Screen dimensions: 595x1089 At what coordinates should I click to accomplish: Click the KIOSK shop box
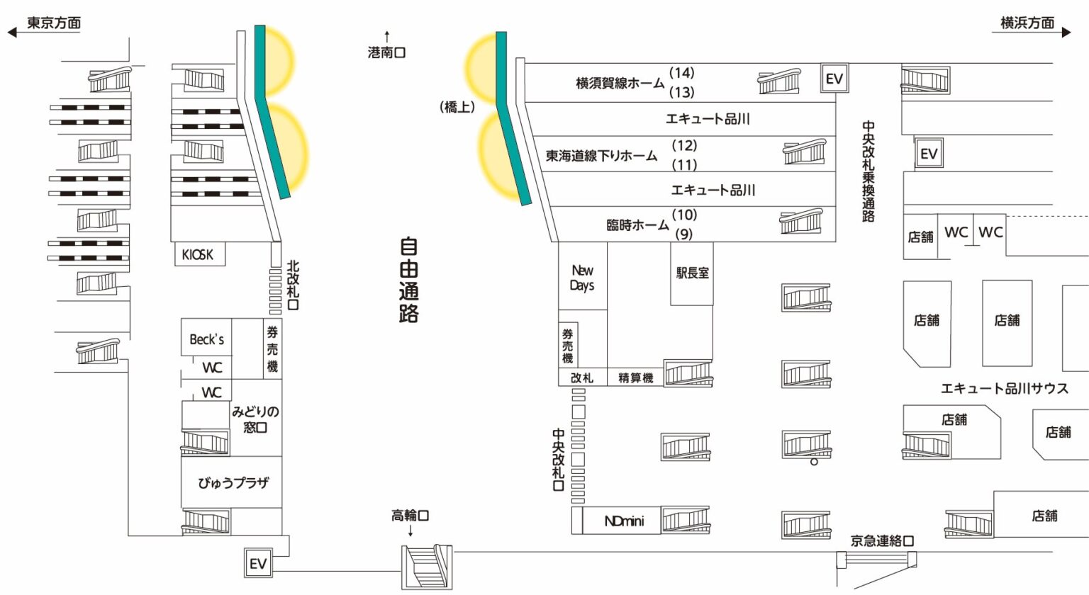point(199,254)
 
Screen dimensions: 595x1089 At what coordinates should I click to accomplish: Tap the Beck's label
point(206,339)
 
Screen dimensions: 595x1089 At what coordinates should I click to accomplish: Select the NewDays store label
point(582,278)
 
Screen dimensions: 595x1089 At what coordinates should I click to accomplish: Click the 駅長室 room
point(692,273)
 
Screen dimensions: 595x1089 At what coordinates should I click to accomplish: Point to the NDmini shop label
point(624,521)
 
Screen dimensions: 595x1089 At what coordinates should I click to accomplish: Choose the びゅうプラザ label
point(233,483)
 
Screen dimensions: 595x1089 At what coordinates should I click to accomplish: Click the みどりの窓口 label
point(255,419)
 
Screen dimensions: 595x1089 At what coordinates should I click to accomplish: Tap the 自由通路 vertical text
point(408,280)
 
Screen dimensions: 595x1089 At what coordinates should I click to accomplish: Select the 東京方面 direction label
point(54,23)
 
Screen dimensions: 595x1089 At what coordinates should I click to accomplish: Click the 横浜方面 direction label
point(1027,23)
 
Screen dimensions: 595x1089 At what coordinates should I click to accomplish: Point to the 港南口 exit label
point(386,52)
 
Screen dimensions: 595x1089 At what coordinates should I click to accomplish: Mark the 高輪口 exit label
point(410,516)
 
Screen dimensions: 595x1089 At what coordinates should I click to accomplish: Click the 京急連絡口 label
point(882,541)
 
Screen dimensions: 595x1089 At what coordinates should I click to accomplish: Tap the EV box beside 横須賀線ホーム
point(834,79)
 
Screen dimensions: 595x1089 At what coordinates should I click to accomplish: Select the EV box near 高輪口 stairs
point(257,564)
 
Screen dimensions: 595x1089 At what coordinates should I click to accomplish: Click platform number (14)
point(682,73)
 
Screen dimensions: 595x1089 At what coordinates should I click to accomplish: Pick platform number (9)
point(683,234)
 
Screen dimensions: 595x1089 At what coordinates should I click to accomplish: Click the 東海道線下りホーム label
point(601,156)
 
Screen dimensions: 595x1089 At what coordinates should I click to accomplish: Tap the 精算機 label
point(635,378)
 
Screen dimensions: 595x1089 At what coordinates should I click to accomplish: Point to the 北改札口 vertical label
point(293,285)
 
